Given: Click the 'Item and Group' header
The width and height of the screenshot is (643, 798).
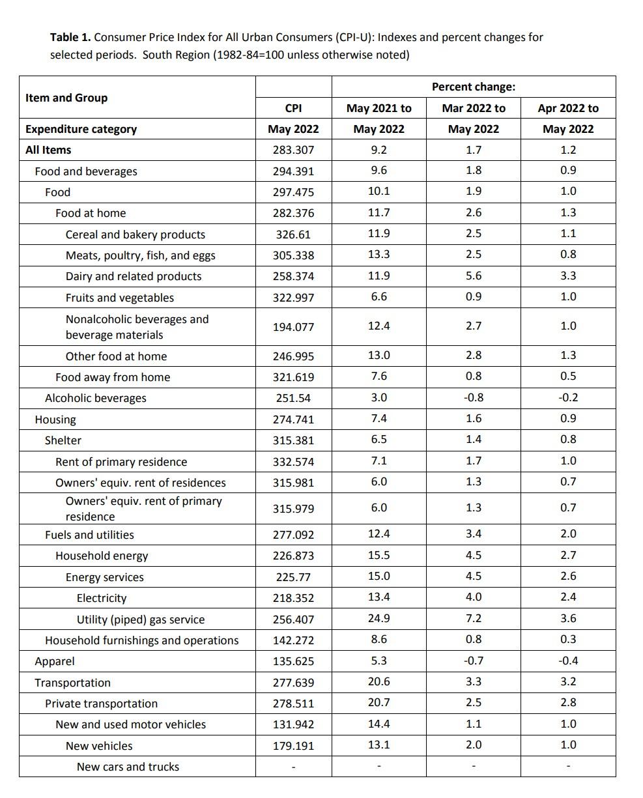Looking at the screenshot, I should (66, 98).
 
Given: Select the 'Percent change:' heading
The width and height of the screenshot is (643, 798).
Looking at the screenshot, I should (473, 87).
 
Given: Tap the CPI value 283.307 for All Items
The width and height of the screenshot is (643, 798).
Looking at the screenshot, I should (293, 150).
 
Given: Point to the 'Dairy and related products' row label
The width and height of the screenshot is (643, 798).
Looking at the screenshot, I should (134, 276).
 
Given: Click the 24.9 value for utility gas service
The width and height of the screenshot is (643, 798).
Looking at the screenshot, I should (379, 618).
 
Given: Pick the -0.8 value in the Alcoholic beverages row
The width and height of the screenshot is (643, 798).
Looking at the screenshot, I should (473, 397).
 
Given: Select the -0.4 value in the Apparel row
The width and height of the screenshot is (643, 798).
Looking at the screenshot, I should (567, 661).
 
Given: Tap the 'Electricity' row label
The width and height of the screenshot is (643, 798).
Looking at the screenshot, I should (102, 598).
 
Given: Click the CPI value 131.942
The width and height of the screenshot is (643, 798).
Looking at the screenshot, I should (293, 724).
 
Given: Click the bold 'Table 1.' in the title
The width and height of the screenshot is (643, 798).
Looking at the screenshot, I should (70, 38).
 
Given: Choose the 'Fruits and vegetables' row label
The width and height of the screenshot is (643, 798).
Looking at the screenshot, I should (120, 298).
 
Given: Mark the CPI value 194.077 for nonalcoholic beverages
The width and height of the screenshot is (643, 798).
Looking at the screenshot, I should (293, 327).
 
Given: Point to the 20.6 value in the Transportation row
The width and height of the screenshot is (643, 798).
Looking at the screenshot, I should (379, 681).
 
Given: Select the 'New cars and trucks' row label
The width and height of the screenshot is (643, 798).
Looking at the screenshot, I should (128, 767).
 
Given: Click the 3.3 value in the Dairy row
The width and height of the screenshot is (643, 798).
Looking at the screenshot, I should (567, 276).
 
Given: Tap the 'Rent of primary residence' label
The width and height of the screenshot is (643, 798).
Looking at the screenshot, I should (121, 462).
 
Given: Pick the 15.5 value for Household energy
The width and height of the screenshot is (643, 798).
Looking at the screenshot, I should (379, 555).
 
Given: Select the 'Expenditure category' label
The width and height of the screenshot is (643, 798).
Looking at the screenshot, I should (81, 129).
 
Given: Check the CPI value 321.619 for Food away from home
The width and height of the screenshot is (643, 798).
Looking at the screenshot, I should (293, 377).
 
